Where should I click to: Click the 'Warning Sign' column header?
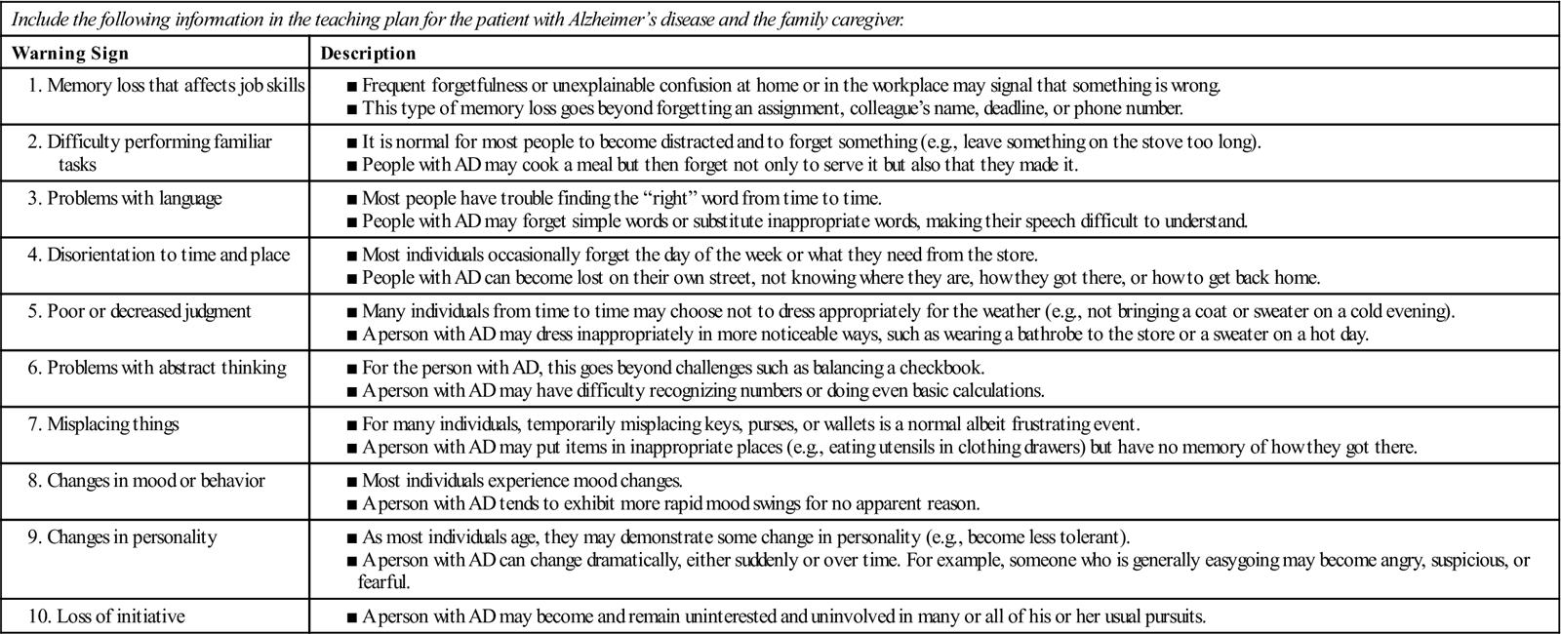[70, 54]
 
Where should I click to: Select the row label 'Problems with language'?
[135, 199]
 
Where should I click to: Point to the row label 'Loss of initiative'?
[121, 616]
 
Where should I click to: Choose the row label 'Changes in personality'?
[132, 537]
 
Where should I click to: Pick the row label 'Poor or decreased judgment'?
[149, 311]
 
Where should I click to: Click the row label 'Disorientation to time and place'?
[169, 256]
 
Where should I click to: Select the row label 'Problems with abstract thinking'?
[167, 368]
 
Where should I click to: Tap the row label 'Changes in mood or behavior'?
[156, 481]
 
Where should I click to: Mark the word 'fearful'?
[384, 582]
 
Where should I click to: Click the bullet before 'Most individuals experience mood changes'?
[352, 482]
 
